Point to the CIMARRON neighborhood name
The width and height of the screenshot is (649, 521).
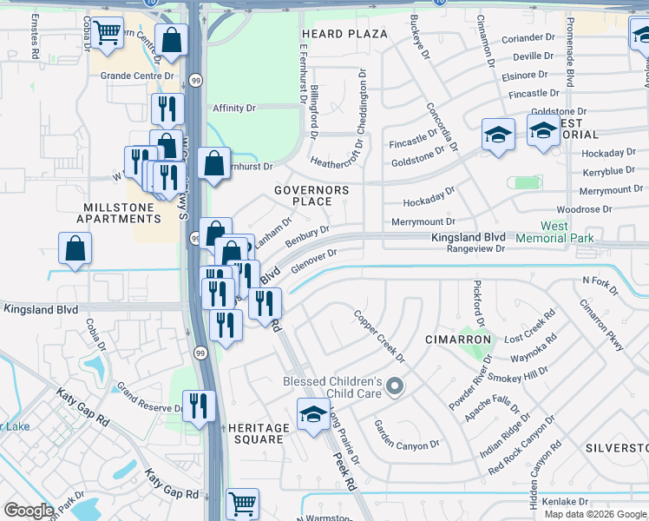pos(457,340)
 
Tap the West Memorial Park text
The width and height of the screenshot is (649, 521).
pos(554,232)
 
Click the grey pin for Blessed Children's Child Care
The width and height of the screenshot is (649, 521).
pos(396,386)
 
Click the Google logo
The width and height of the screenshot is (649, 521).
pos(29,511)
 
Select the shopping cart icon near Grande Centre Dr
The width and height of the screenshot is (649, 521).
pos(107,34)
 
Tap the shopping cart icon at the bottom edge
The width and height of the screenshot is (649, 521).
pos(242,503)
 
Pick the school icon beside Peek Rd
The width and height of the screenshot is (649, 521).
pos(312,414)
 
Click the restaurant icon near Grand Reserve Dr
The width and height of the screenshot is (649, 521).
pos(198,406)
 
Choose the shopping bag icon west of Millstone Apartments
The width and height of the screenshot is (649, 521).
pos(75,247)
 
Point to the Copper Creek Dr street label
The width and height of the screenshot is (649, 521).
pos(380,334)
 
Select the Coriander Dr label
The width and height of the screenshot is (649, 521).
pos(528,38)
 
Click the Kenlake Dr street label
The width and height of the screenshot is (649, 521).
pos(566,502)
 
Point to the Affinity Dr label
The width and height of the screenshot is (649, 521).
pos(234,108)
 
